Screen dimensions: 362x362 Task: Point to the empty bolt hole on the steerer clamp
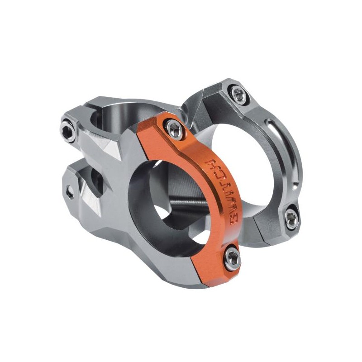tap(69, 192)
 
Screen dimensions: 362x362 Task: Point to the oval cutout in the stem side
tap(97, 181)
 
